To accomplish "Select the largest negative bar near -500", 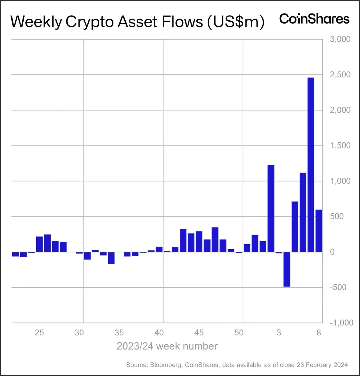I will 287,269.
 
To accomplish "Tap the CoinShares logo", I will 314,19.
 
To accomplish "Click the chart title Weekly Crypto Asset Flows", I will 137,22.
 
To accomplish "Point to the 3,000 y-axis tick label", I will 340,39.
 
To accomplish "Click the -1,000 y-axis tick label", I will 341,323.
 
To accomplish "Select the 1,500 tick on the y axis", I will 340,145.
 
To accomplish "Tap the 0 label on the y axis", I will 332,252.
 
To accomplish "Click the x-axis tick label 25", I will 39,332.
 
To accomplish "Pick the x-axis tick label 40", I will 159,332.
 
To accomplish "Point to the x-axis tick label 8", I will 319,332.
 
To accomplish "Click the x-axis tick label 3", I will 279,332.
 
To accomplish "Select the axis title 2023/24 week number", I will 167,346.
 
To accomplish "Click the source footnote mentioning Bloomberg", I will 237,365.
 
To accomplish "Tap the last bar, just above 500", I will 319,231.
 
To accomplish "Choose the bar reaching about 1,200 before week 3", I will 271,208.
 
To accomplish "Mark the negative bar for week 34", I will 111,258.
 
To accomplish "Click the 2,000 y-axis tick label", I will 340,110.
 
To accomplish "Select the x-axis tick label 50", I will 239,332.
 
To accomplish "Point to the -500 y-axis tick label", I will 338,287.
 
